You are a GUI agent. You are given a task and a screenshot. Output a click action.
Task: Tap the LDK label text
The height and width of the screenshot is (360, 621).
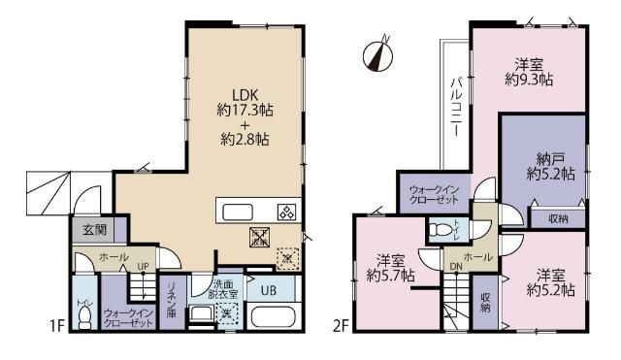(x=243, y=95)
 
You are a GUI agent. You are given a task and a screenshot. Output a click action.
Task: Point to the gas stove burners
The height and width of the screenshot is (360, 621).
(x=287, y=212)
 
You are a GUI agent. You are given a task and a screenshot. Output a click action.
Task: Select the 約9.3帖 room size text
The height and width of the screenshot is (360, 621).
(x=530, y=82)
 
